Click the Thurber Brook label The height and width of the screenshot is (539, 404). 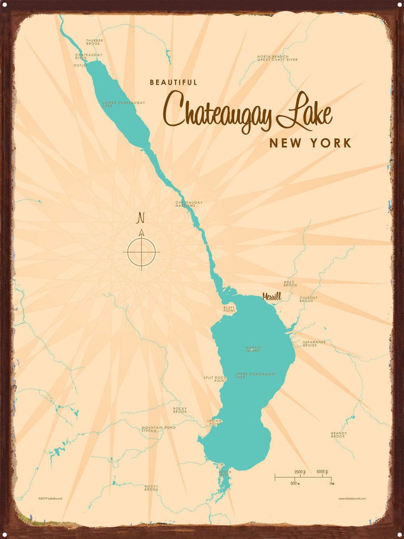click(x=94, y=42)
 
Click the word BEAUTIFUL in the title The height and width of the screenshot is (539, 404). click(x=174, y=82)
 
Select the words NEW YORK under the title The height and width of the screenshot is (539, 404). click(x=310, y=143)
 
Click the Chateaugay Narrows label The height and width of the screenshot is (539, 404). click(x=189, y=204)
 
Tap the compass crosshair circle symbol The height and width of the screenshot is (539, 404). click(x=141, y=252)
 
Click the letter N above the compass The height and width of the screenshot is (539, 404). click(x=141, y=218)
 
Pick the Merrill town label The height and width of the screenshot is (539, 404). click(x=272, y=296)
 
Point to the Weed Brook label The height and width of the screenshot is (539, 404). click(x=290, y=283)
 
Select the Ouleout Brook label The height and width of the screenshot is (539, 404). click(x=308, y=299)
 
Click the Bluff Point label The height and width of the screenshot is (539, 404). click(x=228, y=309)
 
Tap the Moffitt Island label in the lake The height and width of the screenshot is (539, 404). click(x=253, y=350)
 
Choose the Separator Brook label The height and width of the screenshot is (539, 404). click(x=313, y=344)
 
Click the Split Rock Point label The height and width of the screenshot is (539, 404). click(x=214, y=378)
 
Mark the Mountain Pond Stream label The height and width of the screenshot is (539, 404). click(x=158, y=429)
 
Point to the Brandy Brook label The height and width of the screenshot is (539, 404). click(x=338, y=435)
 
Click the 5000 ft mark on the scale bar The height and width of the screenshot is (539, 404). click(x=322, y=472)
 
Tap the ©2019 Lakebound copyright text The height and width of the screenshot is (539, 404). click(x=50, y=498)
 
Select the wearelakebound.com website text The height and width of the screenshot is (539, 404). click(x=352, y=499)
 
